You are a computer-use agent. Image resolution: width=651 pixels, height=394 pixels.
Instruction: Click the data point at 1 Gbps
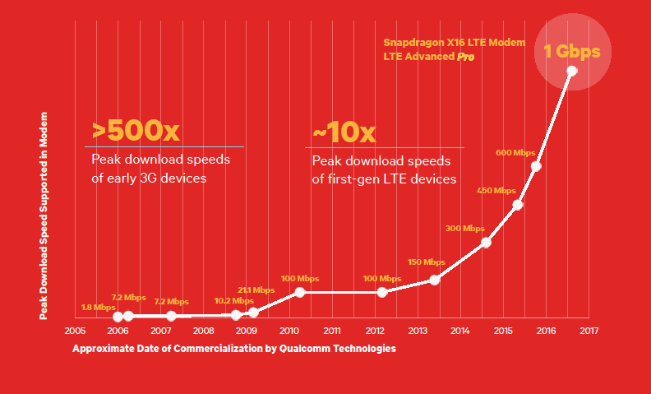(x=572, y=71)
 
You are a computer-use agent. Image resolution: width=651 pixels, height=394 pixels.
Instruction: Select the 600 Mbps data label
(x=515, y=153)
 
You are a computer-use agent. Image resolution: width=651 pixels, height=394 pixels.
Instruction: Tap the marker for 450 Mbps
(x=518, y=205)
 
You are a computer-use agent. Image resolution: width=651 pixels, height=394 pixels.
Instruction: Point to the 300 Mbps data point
(x=486, y=242)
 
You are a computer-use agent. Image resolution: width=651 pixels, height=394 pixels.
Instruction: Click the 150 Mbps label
(x=426, y=262)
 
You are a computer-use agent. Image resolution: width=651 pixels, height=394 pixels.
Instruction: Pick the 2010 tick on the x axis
(x=289, y=331)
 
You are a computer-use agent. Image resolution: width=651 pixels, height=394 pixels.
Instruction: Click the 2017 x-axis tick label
(x=589, y=331)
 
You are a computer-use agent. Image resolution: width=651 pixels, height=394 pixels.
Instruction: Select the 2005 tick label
(x=75, y=331)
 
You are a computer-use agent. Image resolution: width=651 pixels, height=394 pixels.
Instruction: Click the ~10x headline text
(x=344, y=132)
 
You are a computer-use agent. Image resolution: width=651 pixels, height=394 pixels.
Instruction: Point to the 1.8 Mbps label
(x=98, y=308)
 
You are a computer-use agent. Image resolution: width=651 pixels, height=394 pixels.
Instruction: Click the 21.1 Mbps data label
(x=256, y=290)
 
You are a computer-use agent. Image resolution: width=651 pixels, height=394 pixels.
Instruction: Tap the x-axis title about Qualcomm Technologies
(x=234, y=349)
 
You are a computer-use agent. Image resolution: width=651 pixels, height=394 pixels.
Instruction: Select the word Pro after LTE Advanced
(x=466, y=57)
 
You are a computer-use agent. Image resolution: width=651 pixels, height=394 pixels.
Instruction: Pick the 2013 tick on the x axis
(x=418, y=331)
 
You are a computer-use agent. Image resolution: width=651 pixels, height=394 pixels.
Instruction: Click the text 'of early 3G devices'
(x=148, y=178)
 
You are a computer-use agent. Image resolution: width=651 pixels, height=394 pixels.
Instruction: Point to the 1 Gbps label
(x=578, y=51)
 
